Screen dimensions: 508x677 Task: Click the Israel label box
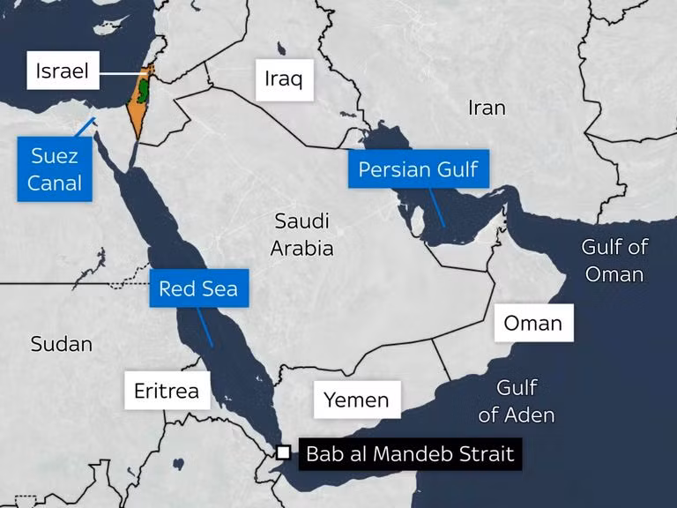tap(63, 71)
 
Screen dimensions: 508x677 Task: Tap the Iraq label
tap(283, 79)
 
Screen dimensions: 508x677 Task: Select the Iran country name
tap(487, 108)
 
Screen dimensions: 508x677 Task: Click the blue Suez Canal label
tap(56, 169)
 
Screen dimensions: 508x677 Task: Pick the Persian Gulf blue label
tap(418, 168)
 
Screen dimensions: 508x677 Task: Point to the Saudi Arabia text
tap(301, 235)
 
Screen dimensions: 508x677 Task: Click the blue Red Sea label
tap(198, 288)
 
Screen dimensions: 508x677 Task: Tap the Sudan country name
tap(62, 344)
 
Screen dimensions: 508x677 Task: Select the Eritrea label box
tap(167, 390)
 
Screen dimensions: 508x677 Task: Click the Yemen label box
tap(356, 400)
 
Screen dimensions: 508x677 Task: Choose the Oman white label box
tap(532, 323)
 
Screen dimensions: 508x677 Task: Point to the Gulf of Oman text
tap(614, 260)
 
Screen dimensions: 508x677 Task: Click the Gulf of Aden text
tap(517, 400)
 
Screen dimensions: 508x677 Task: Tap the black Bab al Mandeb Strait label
tap(409, 455)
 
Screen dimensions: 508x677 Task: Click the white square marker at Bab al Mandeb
tap(283, 452)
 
